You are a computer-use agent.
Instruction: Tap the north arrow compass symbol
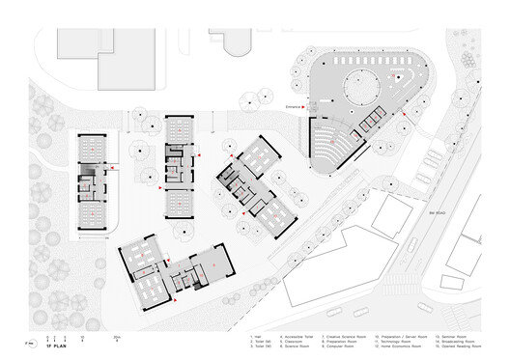[32, 343]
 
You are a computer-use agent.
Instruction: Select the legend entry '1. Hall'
[254, 334]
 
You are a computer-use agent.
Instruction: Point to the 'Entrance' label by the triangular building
[293, 107]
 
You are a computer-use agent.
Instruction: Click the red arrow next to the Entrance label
[305, 107]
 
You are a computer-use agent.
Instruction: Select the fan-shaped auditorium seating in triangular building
[331, 145]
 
